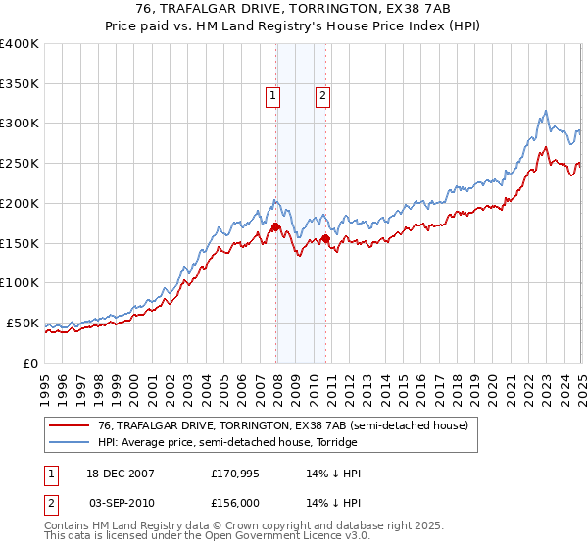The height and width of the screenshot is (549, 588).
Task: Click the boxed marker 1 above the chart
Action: tap(271, 96)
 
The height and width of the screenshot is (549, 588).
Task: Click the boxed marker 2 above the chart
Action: tap(322, 96)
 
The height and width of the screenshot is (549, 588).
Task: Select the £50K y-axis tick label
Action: tap(24, 323)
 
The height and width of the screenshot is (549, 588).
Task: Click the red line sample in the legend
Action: tap(70, 426)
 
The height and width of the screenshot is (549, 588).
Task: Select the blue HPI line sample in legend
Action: tap(70, 442)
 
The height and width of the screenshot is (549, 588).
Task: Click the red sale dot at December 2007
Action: tap(276, 226)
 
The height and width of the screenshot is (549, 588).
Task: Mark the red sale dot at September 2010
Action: tap(325, 238)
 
